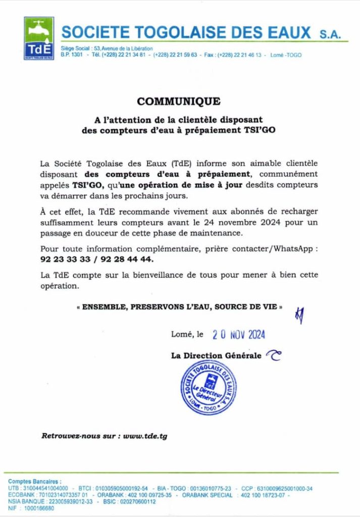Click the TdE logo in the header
(39, 38)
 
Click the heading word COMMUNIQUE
(179, 101)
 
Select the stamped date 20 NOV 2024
(239, 334)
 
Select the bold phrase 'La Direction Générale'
(216, 356)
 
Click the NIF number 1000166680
(37, 508)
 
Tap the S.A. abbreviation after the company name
(331, 35)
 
